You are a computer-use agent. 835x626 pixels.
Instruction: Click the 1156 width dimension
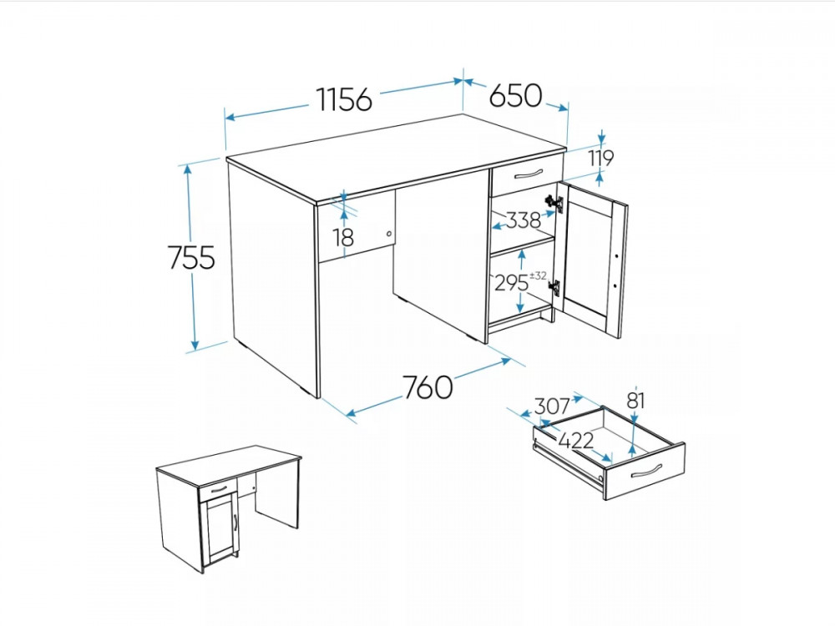[x=344, y=99]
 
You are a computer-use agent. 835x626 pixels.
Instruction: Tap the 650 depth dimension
[x=515, y=96]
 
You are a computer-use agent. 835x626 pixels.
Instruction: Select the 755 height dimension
[x=191, y=257]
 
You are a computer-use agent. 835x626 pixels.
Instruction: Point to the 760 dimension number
[x=427, y=387]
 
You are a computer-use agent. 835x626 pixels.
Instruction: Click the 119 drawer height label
[x=601, y=158]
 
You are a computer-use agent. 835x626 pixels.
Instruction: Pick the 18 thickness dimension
[x=344, y=237]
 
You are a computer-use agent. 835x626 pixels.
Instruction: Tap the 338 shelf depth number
[x=523, y=220]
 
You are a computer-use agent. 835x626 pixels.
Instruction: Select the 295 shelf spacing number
[x=511, y=283]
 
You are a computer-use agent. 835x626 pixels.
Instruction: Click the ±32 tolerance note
[x=539, y=275]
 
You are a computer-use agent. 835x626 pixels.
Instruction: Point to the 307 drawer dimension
[x=552, y=406]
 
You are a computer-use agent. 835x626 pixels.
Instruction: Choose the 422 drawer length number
[x=575, y=440]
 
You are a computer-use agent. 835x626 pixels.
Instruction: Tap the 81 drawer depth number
[x=635, y=401]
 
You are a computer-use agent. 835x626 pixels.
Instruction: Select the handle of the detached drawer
[x=646, y=471]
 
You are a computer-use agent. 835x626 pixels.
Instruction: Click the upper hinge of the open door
[x=554, y=203]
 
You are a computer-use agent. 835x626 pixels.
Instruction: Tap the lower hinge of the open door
[x=554, y=287]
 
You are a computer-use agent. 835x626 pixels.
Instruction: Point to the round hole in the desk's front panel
[x=389, y=234]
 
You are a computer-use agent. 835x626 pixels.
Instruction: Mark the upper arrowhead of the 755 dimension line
[x=188, y=170]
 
